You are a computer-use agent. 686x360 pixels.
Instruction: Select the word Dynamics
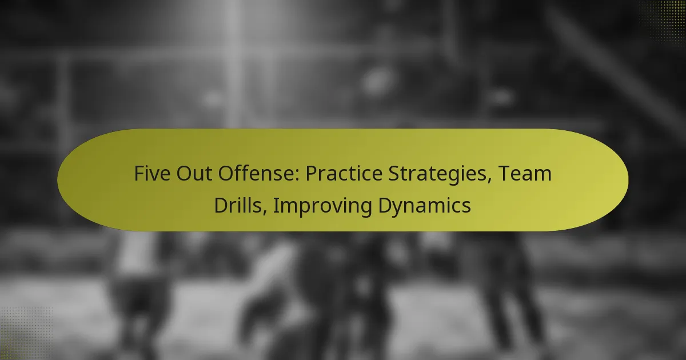click(x=425, y=205)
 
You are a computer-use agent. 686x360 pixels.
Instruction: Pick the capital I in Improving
click(x=275, y=205)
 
